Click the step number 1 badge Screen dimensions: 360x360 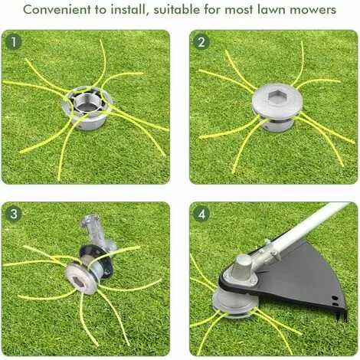click(x=14, y=42)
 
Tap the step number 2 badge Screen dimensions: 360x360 click(x=201, y=42)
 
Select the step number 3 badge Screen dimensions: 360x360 click(x=14, y=214)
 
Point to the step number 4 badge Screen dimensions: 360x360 click(x=201, y=214)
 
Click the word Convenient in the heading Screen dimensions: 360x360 click(x=57, y=10)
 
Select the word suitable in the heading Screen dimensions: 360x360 click(x=177, y=9)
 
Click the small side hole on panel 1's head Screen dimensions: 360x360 click(x=80, y=126)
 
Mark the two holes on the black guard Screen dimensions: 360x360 click(x=335, y=301)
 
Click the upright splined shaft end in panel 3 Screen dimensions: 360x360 click(x=90, y=223)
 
